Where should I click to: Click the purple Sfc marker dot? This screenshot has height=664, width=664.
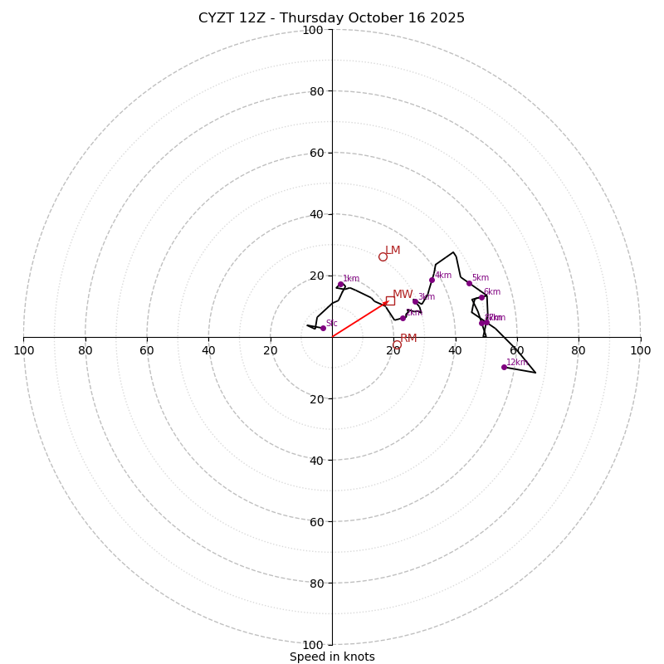click(323, 328)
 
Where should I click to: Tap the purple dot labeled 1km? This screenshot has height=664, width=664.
click(340, 284)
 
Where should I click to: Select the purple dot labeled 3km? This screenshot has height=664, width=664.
click(415, 301)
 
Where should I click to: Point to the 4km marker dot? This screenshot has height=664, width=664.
click(432, 280)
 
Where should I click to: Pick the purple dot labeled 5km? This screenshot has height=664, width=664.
click(469, 283)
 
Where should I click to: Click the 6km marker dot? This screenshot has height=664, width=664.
click(481, 297)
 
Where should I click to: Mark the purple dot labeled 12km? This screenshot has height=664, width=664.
click(504, 367)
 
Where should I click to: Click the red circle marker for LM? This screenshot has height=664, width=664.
click(383, 256)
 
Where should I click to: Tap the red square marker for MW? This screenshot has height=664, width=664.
click(390, 300)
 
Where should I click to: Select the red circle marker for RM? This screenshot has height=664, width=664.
click(397, 344)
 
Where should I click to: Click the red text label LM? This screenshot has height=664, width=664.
click(393, 251)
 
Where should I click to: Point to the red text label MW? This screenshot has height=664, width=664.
click(403, 295)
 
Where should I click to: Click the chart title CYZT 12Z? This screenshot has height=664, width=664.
click(331, 18)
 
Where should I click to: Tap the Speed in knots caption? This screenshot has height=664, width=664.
click(332, 657)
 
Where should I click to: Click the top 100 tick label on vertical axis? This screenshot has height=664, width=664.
click(313, 31)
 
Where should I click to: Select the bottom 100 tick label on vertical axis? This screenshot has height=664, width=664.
click(313, 645)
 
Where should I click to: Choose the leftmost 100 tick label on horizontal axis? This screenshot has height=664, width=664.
click(23, 350)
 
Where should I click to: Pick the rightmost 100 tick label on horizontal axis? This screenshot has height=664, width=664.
click(640, 350)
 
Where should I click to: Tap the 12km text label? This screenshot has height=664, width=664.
click(517, 362)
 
